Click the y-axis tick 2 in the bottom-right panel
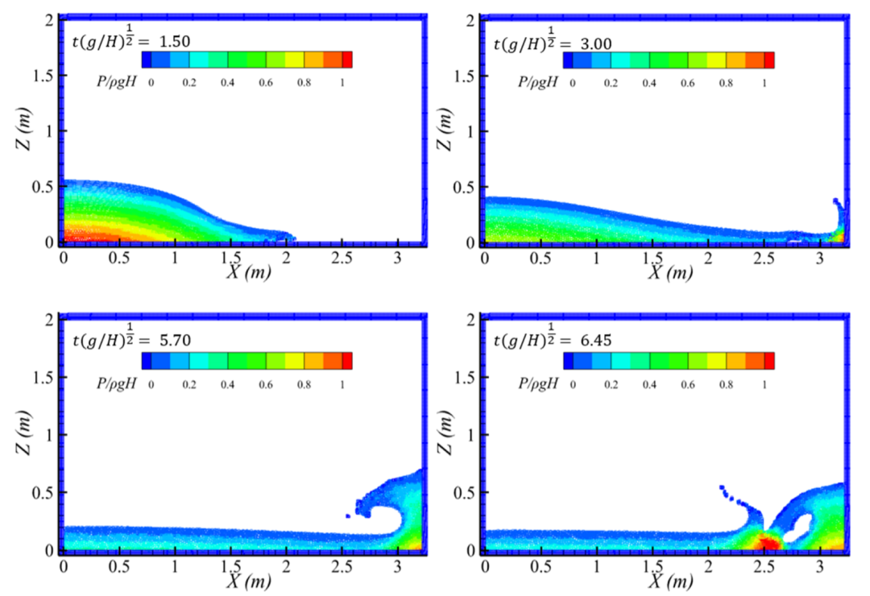pyautogui.click(x=470, y=320)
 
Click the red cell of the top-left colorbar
pyautogui.click(x=347, y=60)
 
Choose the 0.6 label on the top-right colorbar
pyautogui.click(x=687, y=83)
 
